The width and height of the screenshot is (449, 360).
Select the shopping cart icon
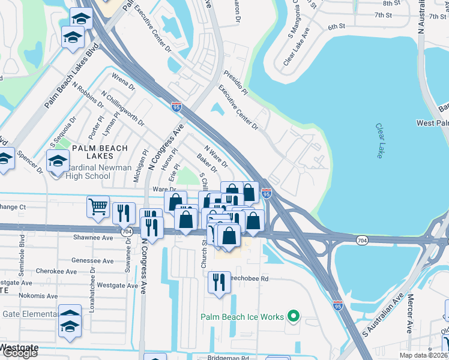98,207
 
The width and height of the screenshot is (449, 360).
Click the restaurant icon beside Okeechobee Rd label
219,282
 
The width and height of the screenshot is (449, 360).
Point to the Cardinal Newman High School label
80,172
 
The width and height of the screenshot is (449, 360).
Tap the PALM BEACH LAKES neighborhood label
99,152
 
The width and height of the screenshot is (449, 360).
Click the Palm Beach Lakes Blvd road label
71,77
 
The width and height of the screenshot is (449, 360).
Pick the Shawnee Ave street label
93,238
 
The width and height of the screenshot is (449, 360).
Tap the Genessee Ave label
92,261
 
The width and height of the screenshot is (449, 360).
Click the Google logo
20,353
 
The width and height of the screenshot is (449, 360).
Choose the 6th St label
337,27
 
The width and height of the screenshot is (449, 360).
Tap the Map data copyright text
424,355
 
